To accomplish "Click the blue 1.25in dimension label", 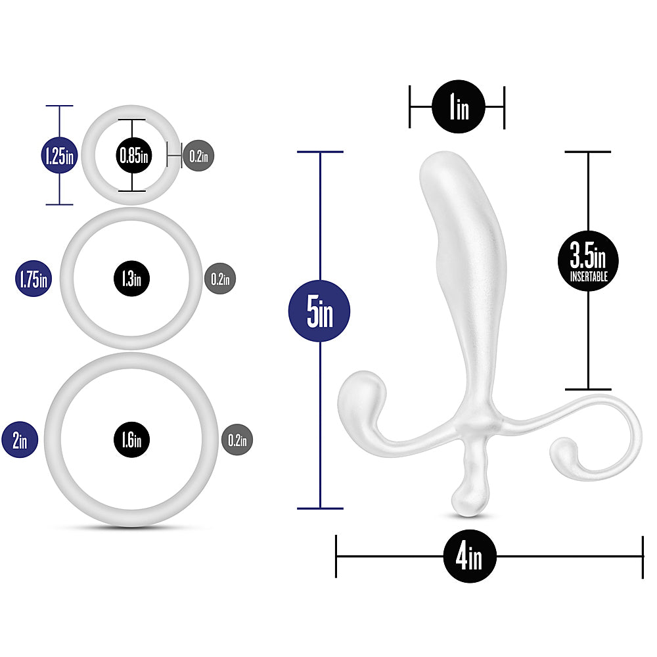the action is [60, 156].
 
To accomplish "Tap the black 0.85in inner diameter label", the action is [133, 156].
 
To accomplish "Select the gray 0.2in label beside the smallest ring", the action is [198, 156].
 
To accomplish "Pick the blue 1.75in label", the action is [34, 279].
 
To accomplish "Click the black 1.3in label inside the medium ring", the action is [131, 279].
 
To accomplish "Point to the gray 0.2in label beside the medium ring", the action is [220, 279].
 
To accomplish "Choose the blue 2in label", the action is [20, 440].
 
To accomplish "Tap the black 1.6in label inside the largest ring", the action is [131, 440].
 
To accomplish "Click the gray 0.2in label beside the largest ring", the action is [237, 440].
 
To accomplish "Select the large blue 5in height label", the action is [319, 311].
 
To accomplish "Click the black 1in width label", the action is [459, 106].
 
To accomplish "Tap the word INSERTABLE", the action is [589, 277].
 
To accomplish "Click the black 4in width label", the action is [470, 556].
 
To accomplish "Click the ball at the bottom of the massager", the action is [470, 499].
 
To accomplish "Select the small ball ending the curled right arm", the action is [564, 452].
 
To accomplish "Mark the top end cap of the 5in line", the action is [320, 152].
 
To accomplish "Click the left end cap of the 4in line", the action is [336, 556].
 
